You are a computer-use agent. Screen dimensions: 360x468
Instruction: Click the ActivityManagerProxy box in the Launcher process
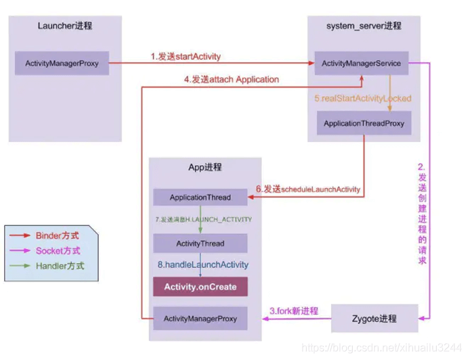coord(62,63)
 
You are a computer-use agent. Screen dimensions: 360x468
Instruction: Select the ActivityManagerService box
coord(361,63)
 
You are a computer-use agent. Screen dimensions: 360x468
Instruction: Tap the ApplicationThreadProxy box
coord(363,124)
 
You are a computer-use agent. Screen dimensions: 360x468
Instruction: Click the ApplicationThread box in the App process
coord(200,198)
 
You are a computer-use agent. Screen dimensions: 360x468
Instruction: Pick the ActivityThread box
coord(200,243)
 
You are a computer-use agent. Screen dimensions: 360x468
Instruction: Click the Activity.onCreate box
coord(200,287)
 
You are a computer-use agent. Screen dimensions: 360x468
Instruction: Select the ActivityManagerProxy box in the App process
coord(200,317)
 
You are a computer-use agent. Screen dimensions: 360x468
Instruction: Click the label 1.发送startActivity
coord(186,56)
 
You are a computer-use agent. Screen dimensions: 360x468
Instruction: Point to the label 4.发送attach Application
coord(231,79)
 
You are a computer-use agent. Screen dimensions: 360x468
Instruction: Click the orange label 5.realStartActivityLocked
coord(362,98)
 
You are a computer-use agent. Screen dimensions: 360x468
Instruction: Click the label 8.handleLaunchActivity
coord(203,265)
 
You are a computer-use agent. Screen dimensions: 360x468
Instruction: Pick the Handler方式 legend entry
coord(60,266)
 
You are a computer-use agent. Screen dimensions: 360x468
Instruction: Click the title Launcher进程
coord(65,26)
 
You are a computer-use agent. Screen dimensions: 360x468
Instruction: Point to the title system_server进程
coord(364,26)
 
